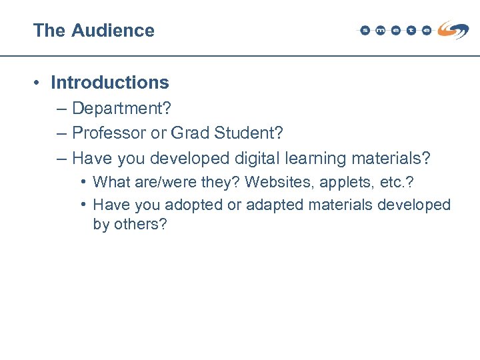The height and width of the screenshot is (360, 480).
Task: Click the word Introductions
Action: coord(110,83)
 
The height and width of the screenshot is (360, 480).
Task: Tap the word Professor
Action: coord(109,133)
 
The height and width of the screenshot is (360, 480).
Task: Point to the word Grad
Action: coord(189,133)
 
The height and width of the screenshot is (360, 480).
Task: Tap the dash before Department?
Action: coord(62,108)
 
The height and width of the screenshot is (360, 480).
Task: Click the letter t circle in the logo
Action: coord(411,31)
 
